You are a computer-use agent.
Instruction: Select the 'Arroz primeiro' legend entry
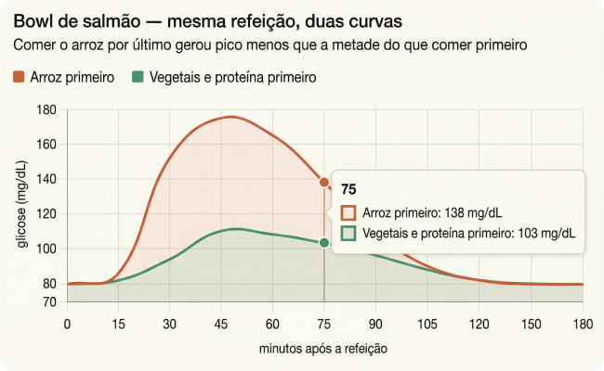(x=65, y=78)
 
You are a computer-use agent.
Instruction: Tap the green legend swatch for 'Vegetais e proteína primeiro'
(x=138, y=78)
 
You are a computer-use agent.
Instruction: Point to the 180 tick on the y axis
(x=47, y=110)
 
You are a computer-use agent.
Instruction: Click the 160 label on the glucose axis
(x=47, y=145)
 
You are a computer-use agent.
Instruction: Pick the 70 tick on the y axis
(x=49, y=302)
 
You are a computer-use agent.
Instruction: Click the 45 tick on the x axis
(x=220, y=324)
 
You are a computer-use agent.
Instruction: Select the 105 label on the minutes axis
(x=427, y=324)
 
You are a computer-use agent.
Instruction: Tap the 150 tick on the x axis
(x=530, y=324)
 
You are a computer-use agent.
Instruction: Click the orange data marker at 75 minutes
(x=324, y=183)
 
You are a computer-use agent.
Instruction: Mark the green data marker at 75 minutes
(x=324, y=243)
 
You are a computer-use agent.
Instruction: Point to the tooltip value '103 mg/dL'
(x=543, y=233)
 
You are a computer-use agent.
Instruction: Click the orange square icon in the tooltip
(x=349, y=211)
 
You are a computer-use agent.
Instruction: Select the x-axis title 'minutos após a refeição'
(x=322, y=349)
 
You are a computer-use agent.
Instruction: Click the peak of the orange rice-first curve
(x=230, y=117)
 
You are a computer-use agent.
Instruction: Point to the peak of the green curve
(x=236, y=228)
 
